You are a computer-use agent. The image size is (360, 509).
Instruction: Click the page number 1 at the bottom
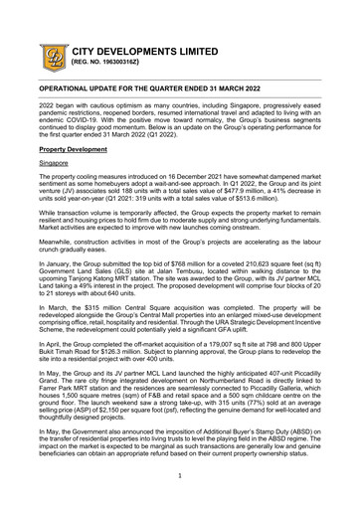tap(180, 477)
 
